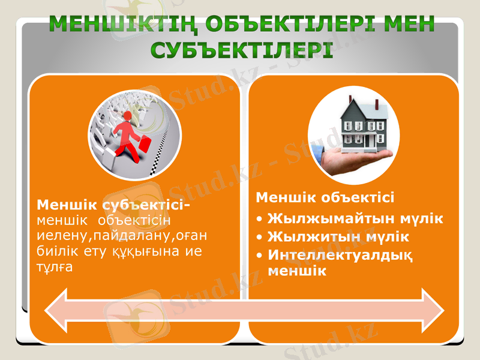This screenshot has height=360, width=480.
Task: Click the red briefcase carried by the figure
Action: pos(145,146)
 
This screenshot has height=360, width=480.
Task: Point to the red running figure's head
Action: pos(127,115)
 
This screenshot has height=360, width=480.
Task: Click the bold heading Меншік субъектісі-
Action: pos(113,205)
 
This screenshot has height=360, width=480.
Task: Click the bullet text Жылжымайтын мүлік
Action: pos(355,218)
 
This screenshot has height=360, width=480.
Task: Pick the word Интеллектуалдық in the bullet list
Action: pos(341,254)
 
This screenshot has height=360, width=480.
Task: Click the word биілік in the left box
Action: pos(55,251)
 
